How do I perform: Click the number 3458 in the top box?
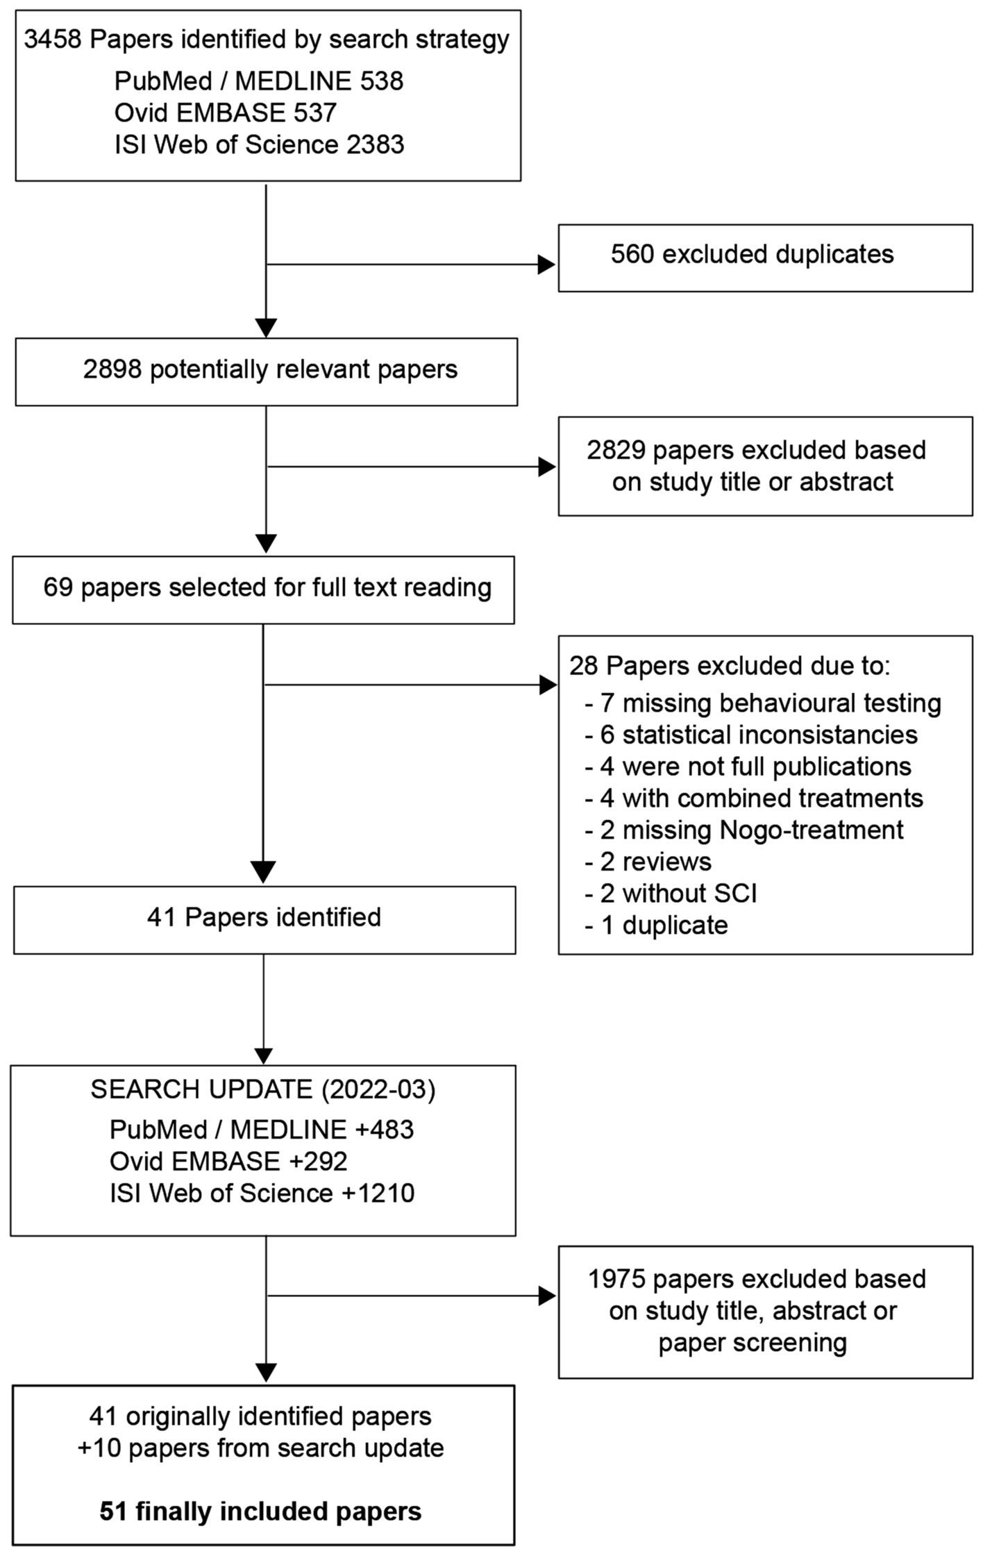(53, 40)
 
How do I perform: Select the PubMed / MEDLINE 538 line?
(258, 81)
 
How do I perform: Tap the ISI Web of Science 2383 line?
(259, 144)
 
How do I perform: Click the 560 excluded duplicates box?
(764, 258)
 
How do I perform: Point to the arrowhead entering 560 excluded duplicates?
(547, 265)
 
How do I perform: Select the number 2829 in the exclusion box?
(616, 451)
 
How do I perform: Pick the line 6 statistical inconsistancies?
(751, 735)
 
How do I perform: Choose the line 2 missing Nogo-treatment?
(744, 830)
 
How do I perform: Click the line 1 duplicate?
(657, 926)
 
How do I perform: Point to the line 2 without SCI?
(671, 894)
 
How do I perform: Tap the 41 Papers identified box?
(264, 919)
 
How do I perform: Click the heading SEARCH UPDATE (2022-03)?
(263, 1089)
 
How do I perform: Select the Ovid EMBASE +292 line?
(228, 1162)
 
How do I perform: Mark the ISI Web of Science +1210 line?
(262, 1194)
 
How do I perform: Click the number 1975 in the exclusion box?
(616, 1279)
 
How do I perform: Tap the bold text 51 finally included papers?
(260, 1512)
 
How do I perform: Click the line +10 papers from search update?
(260, 1448)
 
